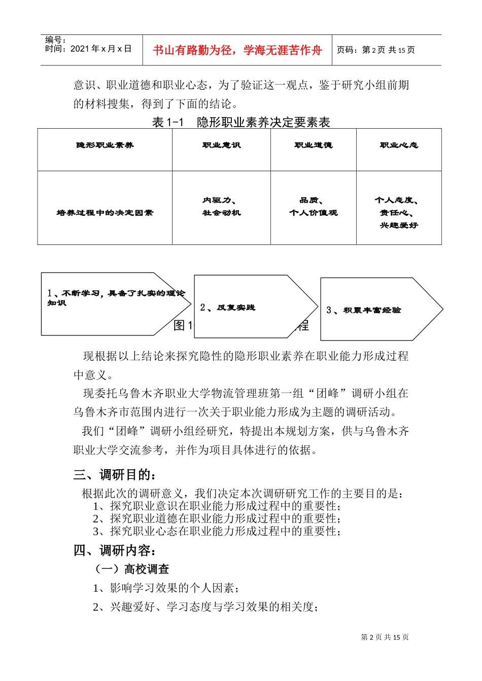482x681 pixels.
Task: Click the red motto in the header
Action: (237, 50)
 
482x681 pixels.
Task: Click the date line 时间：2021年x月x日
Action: (88, 49)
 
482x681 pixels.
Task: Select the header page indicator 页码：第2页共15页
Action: (376, 50)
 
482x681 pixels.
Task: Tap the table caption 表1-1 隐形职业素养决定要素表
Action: (241, 122)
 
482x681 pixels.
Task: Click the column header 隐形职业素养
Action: (105, 145)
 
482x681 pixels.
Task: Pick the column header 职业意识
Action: (221, 145)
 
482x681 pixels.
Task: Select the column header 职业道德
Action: (313, 145)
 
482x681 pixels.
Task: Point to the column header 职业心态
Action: (399, 145)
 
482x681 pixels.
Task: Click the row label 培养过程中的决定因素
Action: (105, 213)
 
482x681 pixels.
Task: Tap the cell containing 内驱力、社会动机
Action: (221, 207)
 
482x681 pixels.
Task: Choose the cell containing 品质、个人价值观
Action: (313, 207)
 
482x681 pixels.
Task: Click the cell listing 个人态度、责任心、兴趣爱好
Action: (399, 213)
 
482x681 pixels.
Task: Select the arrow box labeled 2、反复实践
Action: (249, 307)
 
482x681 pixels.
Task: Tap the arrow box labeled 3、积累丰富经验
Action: (375, 310)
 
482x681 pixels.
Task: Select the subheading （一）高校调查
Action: (131, 569)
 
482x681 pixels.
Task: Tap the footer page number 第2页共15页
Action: (385, 637)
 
